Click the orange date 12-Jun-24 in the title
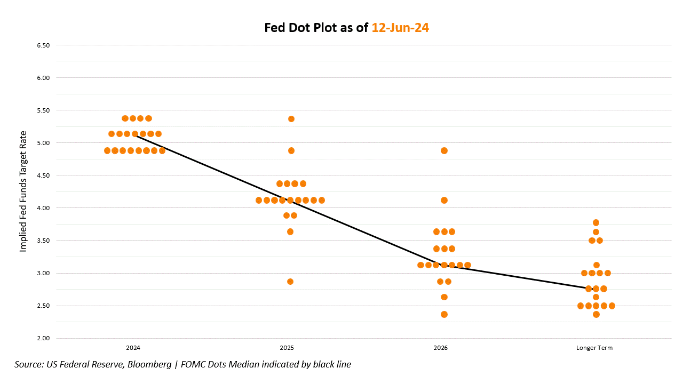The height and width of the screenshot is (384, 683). tap(400, 28)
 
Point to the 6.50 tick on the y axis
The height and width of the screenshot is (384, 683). tap(43, 45)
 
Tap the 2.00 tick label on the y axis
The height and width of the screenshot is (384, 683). tap(43, 338)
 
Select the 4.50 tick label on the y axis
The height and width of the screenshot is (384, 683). tap(43, 175)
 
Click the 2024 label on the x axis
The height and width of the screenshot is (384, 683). tap(133, 348)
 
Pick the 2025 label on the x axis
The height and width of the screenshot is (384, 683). tap(287, 348)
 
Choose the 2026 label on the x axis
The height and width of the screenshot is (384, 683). tap(441, 348)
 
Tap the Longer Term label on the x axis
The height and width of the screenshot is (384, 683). tap(594, 348)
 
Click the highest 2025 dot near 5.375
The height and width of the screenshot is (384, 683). tap(291, 119)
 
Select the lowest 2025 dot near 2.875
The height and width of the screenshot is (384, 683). tap(290, 282)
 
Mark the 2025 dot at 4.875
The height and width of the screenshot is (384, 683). tap(291, 150)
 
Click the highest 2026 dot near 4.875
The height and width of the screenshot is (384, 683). tap(444, 150)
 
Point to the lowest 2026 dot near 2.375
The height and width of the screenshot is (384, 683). tap(444, 314)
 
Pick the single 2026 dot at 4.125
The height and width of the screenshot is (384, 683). tap(444, 200)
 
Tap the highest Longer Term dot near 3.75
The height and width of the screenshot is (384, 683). tap(596, 222)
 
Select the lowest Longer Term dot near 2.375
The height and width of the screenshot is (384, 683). tap(596, 314)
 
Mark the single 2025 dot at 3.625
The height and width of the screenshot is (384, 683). tap(290, 231)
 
